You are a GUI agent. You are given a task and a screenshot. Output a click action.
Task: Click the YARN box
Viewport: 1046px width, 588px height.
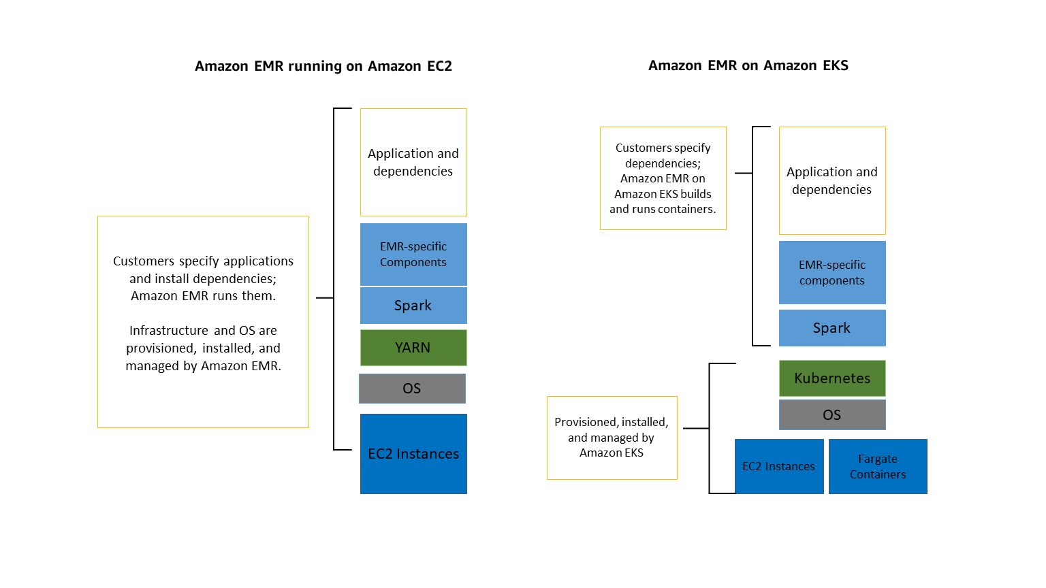[x=413, y=348]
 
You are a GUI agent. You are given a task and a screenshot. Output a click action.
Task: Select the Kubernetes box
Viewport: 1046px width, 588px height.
[x=832, y=378]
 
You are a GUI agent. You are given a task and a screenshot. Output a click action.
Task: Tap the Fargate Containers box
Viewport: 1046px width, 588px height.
[x=878, y=466]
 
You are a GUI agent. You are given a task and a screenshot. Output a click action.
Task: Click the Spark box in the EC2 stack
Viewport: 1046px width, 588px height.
[x=413, y=306]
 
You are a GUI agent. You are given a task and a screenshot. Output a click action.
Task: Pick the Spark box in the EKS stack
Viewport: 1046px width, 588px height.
[x=832, y=328]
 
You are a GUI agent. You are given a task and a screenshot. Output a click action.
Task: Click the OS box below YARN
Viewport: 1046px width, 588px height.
[x=412, y=389]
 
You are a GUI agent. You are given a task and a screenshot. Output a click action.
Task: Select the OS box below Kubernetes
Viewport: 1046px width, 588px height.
[x=832, y=415]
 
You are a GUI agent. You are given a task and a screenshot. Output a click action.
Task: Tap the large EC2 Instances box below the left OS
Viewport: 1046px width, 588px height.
[x=413, y=454]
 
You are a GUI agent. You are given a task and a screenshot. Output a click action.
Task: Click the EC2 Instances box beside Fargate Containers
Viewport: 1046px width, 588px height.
[x=779, y=466]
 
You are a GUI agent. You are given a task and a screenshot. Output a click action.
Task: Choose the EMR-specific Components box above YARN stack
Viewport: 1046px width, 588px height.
[x=413, y=254]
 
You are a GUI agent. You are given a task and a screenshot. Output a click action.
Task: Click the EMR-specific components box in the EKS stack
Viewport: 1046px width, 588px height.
[x=832, y=272]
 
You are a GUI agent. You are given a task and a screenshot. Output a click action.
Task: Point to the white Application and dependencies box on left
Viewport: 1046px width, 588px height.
[x=413, y=162]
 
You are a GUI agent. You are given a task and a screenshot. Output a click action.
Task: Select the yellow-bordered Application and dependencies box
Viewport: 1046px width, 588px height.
[x=832, y=180]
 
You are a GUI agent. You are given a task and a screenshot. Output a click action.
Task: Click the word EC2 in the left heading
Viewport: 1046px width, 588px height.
[x=439, y=66]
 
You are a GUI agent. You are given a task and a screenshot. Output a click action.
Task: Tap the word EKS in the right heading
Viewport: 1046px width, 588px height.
[x=835, y=65]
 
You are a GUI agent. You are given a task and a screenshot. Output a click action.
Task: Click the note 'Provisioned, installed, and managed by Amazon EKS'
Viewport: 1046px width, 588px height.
[x=612, y=438]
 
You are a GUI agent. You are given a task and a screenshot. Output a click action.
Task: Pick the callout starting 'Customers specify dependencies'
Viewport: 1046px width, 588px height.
[x=663, y=178]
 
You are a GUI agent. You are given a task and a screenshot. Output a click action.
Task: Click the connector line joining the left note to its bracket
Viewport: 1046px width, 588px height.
[x=325, y=298]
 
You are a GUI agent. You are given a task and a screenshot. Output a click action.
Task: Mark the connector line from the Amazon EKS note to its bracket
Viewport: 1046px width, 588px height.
[x=695, y=428]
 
